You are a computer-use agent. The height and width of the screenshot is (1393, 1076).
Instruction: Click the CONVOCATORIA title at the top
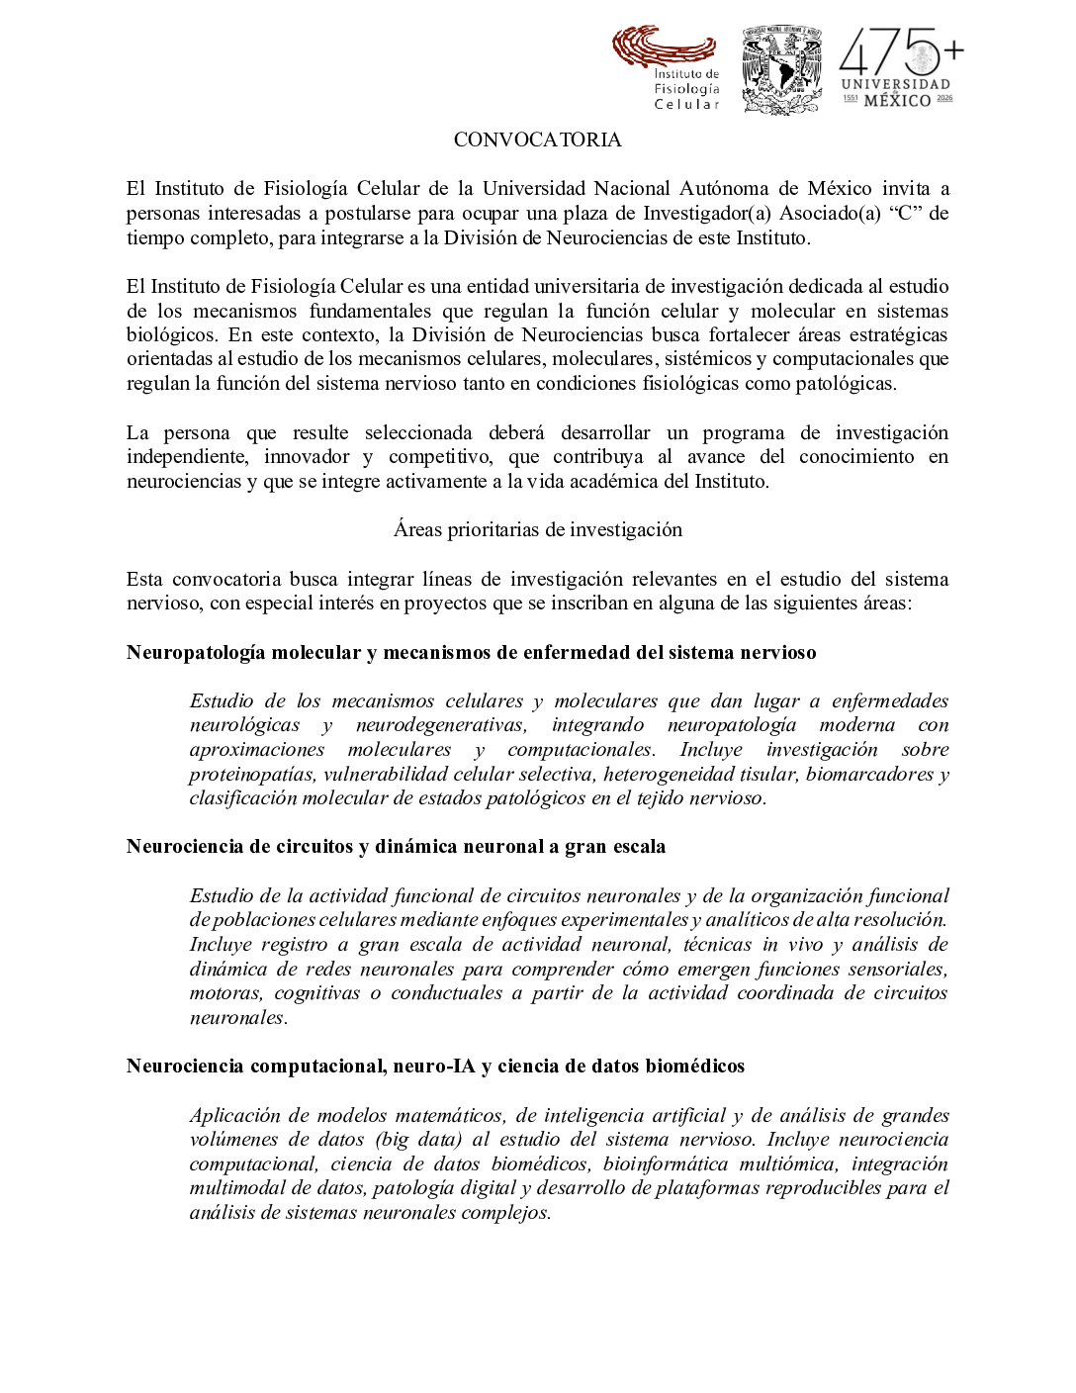click(x=537, y=140)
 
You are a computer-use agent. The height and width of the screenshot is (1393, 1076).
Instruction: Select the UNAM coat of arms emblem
click(x=781, y=69)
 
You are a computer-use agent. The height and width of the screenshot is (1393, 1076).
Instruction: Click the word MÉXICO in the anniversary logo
click(x=897, y=100)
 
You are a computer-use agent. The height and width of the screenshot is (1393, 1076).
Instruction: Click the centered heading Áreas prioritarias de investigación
click(x=537, y=530)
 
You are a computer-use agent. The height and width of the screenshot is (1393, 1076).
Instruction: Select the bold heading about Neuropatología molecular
click(x=471, y=653)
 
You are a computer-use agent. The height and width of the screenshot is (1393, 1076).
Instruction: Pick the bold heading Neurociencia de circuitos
click(x=396, y=847)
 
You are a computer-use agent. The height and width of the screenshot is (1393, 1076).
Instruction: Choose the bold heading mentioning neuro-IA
click(x=435, y=1067)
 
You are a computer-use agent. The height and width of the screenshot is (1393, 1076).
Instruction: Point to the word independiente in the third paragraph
click(x=186, y=457)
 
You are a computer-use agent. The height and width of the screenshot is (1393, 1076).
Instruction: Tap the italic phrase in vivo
click(x=793, y=945)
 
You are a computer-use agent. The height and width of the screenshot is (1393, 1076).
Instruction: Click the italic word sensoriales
click(x=895, y=970)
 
